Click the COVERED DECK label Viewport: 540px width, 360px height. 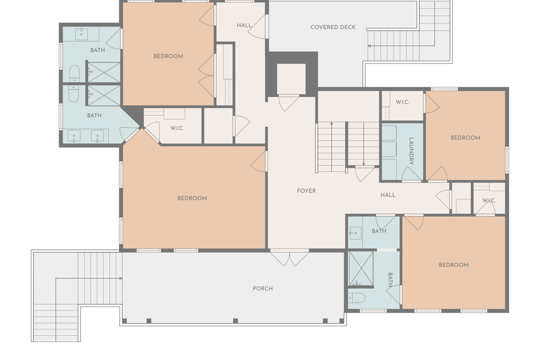pos(333,27)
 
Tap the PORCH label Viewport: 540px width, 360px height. pos(263,288)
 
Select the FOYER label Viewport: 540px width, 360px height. pos(306,191)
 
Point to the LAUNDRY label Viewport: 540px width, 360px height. pos(411,151)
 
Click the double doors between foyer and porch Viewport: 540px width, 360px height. pos(289,258)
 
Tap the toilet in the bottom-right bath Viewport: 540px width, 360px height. pos(356,298)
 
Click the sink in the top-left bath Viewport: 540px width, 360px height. pos(81,33)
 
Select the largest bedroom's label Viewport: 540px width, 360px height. pos(192,198)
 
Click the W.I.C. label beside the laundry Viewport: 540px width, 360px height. pos(403,102)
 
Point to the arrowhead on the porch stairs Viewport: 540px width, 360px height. pos(121,279)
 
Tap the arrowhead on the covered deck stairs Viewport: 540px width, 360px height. pos(369,46)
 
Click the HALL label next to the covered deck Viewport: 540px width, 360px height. pos(244,25)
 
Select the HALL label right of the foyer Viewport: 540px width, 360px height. pos(388,195)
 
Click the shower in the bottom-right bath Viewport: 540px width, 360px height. pos(361,268)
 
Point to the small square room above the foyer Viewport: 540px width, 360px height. pos(291,79)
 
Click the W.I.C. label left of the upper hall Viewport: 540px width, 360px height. pos(177,128)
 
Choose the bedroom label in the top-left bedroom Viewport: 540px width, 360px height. pos(168,56)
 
